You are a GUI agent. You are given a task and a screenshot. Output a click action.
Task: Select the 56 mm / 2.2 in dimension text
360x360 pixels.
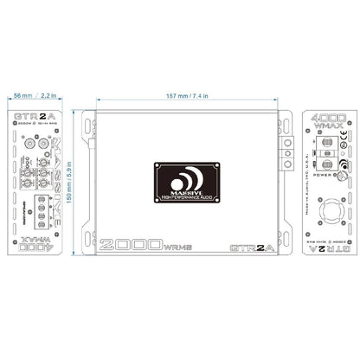pos(31,95)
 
